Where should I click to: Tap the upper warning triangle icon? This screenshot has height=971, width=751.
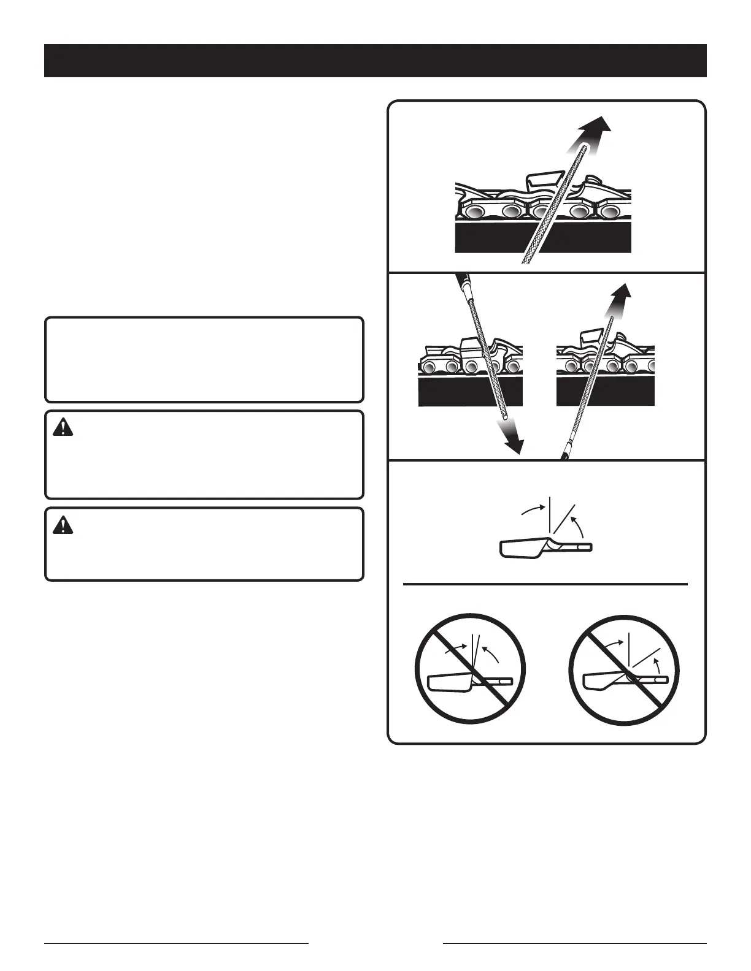coord(63,428)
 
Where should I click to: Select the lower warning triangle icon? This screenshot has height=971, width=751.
coord(63,525)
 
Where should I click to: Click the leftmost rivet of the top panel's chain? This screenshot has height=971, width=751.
coord(474,211)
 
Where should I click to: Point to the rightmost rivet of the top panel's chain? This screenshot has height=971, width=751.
coord(609,211)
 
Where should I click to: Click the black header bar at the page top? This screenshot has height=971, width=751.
coord(375,61)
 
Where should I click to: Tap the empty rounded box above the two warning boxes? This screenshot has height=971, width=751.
coord(204,359)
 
